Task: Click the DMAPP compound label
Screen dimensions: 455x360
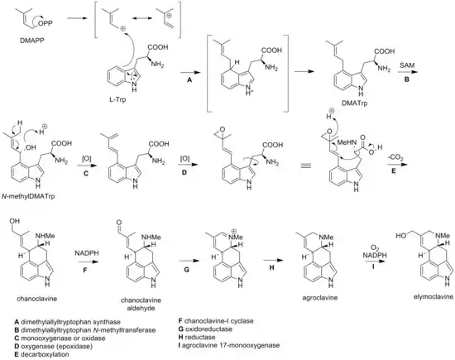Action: point(32,41)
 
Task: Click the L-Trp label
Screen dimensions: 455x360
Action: point(117,100)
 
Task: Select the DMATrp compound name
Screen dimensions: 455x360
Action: point(356,103)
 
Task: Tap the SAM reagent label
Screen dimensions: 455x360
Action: point(407,65)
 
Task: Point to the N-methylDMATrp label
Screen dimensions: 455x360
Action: point(28,196)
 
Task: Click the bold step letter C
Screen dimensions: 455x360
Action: point(86,174)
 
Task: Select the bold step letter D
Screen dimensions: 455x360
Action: point(184,172)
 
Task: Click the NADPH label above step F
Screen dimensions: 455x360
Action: point(87,253)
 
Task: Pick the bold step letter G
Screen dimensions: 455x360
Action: point(187,270)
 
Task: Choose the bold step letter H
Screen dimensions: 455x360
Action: point(271,267)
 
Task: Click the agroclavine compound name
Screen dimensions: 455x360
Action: point(320,298)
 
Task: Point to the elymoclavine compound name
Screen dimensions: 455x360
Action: point(433,296)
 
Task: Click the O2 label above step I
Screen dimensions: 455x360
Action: point(374,247)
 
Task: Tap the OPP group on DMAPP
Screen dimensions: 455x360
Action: point(45,23)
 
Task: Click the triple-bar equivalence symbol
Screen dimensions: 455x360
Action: point(307,166)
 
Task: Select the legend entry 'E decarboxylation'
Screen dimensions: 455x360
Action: point(42,354)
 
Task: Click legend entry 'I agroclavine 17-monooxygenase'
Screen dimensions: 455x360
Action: point(229,345)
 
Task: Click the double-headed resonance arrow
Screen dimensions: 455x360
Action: point(142,18)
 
